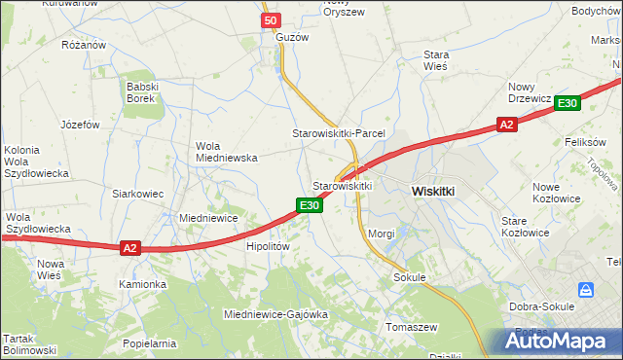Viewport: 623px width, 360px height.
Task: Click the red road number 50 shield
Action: [271, 20]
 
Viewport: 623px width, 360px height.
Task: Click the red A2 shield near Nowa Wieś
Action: [130, 248]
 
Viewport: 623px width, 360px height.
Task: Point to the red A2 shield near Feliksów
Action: [505, 125]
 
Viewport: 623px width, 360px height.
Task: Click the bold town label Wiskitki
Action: [433, 192]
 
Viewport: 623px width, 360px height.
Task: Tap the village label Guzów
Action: [292, 37]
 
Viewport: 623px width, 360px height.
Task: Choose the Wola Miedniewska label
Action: [226, 151]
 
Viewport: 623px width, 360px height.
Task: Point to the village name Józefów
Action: [81, 125]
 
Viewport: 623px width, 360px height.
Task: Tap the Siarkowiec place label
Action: [136, 194]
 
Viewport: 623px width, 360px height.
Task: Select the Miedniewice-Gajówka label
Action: [275, 315]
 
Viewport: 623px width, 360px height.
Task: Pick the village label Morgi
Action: [382, 234]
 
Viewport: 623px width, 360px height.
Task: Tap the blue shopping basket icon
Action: [586, 290]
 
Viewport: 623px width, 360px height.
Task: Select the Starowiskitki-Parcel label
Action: [340, 132]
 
